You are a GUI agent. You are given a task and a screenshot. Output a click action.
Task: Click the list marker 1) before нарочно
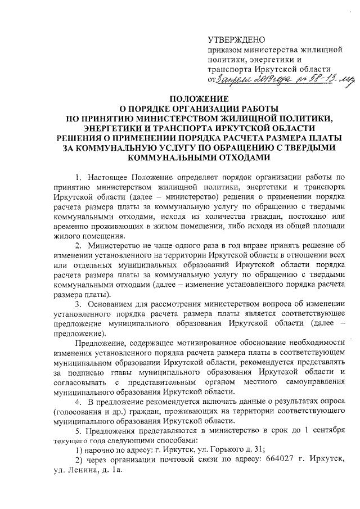80,452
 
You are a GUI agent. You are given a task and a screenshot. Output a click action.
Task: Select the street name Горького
232,452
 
